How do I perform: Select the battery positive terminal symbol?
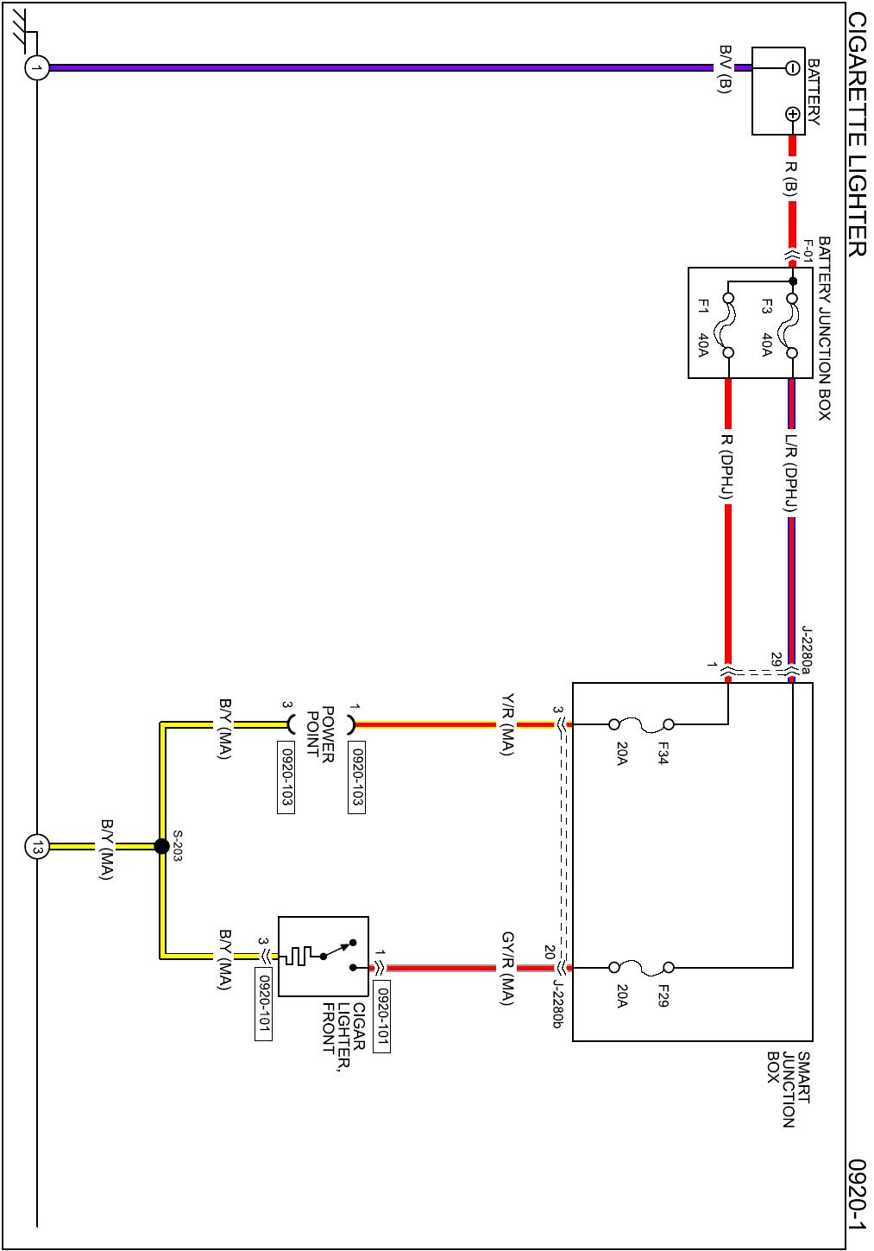point(792,115)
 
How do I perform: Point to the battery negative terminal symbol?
point(792,68)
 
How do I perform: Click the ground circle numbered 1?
point(37,68)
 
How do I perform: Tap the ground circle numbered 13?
point(37,847)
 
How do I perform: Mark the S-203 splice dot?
point(161,847)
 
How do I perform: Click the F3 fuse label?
point(767,306)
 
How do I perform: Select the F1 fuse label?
point(703,306)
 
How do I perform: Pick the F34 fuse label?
point(663,752)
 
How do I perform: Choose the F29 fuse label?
point(663,995)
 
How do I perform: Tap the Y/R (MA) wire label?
point(506,723)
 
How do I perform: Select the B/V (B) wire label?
point(725,69)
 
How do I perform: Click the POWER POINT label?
point(320,735)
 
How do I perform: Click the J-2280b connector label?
point(557,1003)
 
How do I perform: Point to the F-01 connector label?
point(808,250)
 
